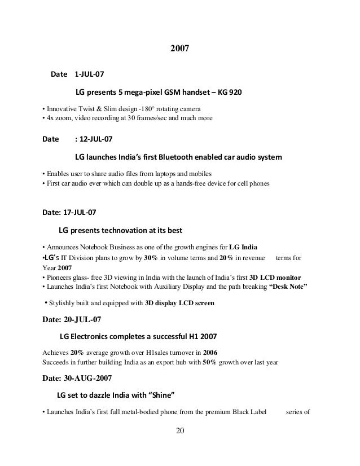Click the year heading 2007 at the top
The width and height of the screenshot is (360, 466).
pos(179,50)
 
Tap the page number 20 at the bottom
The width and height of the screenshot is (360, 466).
pos(180,432)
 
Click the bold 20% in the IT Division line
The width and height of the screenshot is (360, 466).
pos(212,257)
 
